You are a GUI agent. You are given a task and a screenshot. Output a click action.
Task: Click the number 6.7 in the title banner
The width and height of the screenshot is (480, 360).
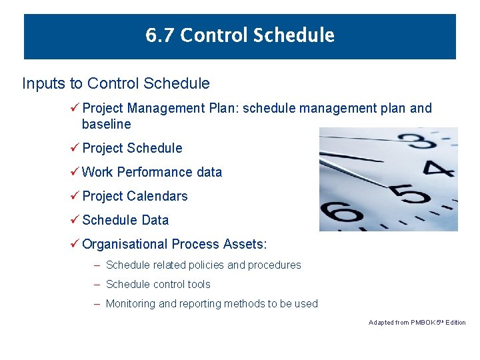[160, 35]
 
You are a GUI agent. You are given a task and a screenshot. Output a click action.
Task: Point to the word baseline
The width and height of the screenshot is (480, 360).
[106, 124]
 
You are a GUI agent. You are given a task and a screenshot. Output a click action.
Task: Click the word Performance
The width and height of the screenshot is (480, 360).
[155, 172]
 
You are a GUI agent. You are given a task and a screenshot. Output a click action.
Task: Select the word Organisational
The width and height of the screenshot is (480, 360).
[125, 244]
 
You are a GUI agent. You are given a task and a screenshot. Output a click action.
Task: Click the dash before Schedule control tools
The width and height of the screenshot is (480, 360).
[97, 285]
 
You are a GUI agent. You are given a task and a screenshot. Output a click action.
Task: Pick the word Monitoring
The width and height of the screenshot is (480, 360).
[131, 304]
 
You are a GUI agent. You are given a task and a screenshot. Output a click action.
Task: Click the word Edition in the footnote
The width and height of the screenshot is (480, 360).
[456, 323]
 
